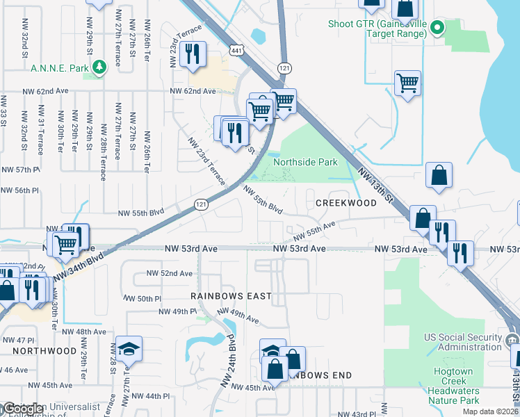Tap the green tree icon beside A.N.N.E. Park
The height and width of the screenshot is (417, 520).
(100, 67)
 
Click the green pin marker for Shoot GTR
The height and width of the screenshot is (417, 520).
(437, 28)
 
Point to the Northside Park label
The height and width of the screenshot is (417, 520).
(305, 162)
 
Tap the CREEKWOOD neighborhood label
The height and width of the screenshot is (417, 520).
(346, 203)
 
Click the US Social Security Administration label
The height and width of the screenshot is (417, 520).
(464, 342)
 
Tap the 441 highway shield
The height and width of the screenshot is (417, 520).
(237, 51)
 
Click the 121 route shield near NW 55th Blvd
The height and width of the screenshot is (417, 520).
(201, 204)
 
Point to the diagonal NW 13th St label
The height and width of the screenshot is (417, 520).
(375, 185)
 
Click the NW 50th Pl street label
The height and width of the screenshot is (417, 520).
(144, 298)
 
